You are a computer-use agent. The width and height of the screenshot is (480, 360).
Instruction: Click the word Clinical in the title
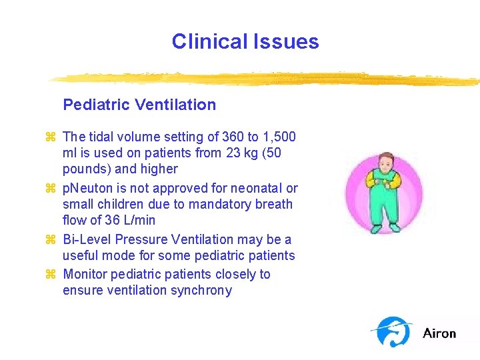[x=209, y=41]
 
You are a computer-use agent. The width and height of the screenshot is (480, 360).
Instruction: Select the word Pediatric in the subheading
[x=96, y=105]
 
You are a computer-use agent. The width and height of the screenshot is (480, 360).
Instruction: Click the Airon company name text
[x=439, y=333]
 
